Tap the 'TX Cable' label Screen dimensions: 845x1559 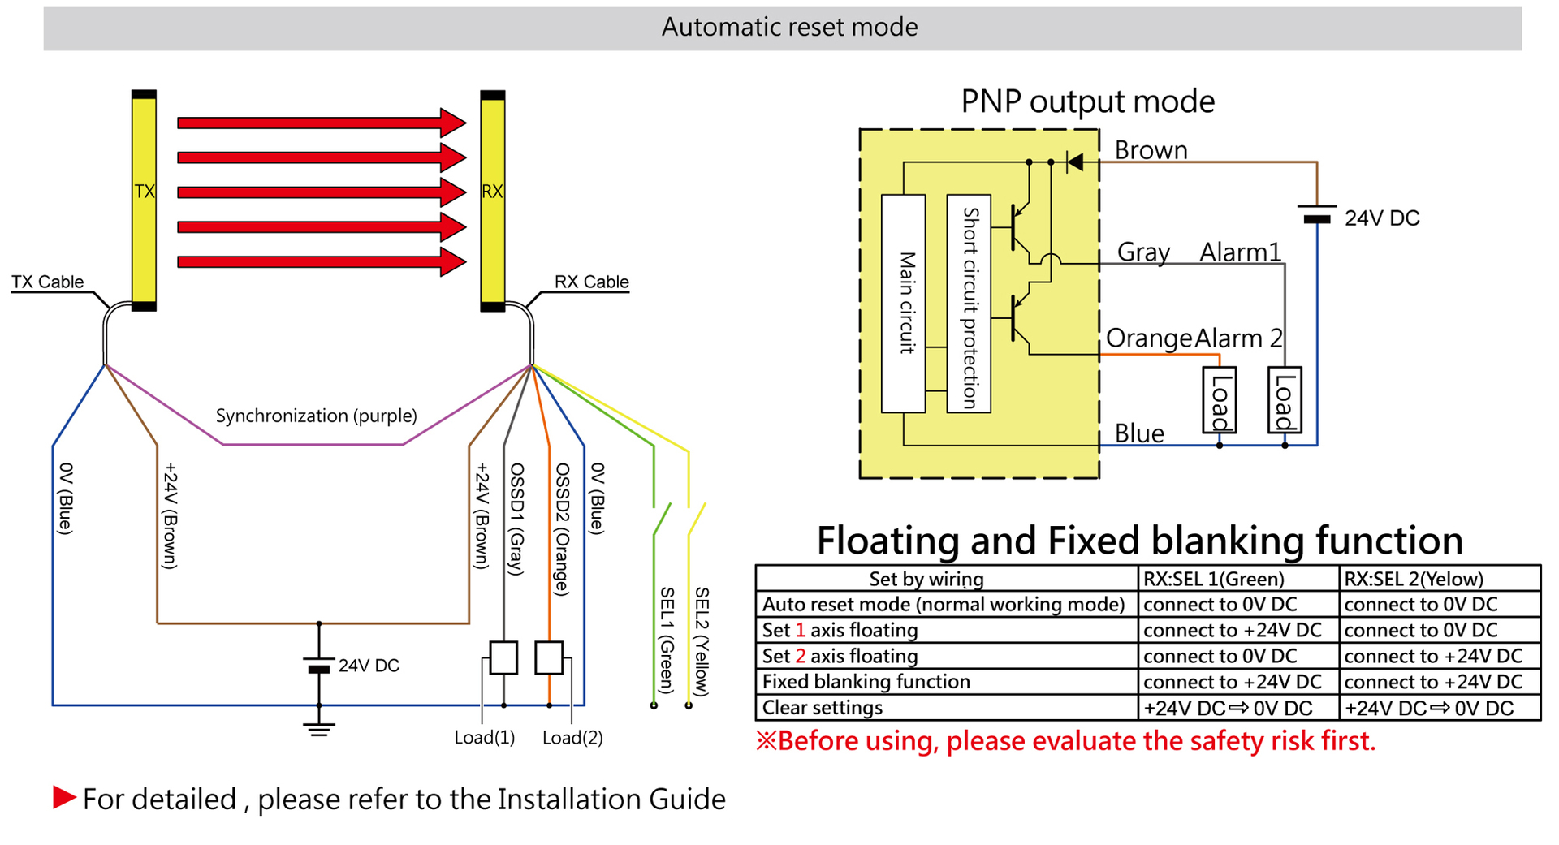point(47,282)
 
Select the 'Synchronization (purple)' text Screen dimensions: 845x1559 point(316,416)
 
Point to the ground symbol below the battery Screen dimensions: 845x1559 point(319,728)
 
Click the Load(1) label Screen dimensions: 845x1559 point(484,738)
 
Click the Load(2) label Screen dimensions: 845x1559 point(572,738)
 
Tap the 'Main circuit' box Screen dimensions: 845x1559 point(904,303)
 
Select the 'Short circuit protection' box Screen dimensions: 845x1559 point(969,304)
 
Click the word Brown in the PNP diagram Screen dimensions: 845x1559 point(1151,150)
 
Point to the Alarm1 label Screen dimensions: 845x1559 point(1240,252)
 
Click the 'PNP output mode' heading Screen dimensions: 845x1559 point(1087,101)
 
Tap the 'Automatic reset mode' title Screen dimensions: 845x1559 point(789,28)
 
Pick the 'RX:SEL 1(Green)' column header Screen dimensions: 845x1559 point(1213,579)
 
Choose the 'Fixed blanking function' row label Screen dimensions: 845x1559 point(866,682)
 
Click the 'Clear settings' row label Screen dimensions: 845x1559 point(822,708)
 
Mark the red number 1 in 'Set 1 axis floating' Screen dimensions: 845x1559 point(800,631)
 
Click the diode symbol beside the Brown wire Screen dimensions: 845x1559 point(1074,162)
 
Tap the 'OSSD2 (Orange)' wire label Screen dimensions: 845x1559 point(561,529)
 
